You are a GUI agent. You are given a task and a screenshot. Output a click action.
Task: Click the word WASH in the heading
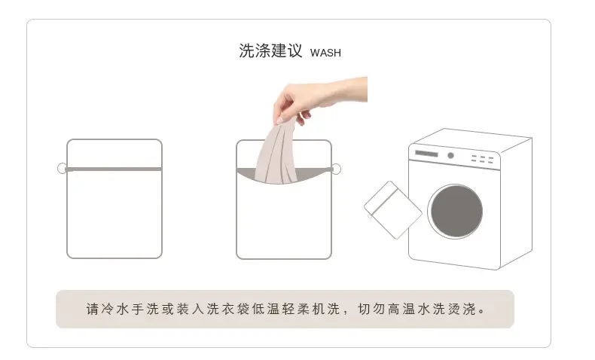point(325,53)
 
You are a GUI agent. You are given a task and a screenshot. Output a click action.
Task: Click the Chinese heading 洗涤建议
point(270,50)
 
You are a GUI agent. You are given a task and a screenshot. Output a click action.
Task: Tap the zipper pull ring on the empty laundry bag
point(62,168)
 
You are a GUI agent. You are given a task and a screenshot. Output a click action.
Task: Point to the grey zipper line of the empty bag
point(114,169)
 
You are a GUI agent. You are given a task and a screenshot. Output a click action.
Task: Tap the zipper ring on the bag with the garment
point(336,169)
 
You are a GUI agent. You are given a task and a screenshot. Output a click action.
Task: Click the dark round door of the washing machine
point(456,212)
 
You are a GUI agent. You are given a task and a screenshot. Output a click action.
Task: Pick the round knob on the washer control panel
point(451,155)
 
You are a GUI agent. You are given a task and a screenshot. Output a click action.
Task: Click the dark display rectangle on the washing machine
point(426,154)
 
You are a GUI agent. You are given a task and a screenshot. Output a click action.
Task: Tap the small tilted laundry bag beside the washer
point(392,210)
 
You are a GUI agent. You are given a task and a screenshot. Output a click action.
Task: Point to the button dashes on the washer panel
point(482,159)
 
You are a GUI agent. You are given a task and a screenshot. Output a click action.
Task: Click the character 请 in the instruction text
point(93,310)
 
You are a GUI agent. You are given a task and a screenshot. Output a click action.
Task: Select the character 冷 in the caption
point(108,310)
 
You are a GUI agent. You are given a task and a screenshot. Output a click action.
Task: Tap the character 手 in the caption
point(138,310)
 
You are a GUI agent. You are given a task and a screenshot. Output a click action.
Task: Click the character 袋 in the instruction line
point(243,310)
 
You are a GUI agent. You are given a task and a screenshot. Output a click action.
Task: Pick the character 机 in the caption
point(319,310)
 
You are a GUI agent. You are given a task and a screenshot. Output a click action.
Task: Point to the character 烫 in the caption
point(454,310)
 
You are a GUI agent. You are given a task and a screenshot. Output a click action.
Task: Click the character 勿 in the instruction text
point(379,310)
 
